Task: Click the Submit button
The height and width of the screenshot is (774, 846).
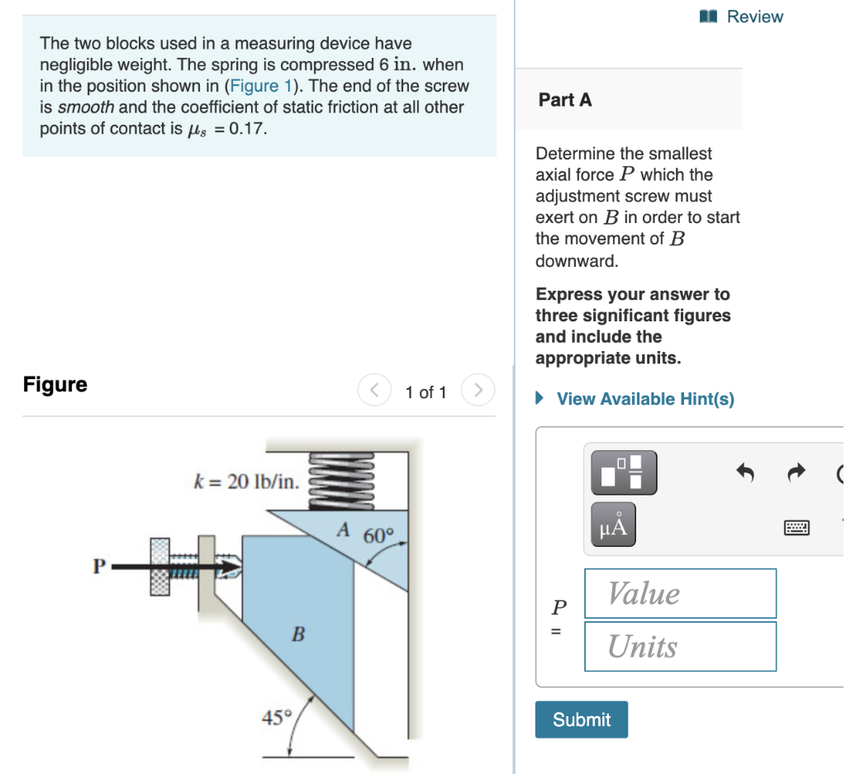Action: click(x=581, y=719)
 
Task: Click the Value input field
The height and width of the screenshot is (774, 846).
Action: click(x=680, y=593)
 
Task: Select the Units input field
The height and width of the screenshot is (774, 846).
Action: click(x=680, y=646)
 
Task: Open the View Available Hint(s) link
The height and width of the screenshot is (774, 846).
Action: click(x=644, y=399)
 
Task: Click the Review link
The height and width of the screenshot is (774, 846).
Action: click(x=753, y=17)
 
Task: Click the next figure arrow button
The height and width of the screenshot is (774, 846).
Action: click(x=477, y=390)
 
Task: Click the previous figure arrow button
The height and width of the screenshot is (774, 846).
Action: click(x=374, y=390)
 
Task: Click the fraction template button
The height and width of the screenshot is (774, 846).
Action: click(x=623, y=472)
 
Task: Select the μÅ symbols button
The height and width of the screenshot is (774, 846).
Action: click(x=613, y=524)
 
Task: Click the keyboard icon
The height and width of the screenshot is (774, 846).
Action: click(x=797, y=527)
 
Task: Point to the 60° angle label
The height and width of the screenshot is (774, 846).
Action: click(x=380, y=535)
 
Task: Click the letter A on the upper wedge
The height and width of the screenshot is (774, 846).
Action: click(x=343, y=528)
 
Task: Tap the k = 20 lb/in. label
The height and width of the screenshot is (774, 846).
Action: click(x=246, y=482)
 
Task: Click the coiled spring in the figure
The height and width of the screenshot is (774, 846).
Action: click(x=342, y=478)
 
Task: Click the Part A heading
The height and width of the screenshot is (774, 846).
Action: click(x=565, y=100)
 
